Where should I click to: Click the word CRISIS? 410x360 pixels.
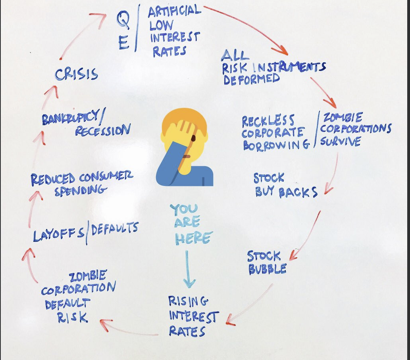pyautogui.click(x=77, y=75)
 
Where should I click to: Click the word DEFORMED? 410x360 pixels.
pyautogui.click(x=251, y=79)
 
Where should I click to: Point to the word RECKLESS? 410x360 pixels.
pyautogui.click(x=268, y=121)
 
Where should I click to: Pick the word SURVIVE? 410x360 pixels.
pyautogui.click(x=341, y=142)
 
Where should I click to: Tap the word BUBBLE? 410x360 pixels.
pyautogui.click(x=267, y=269)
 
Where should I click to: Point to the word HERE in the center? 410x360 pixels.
pyautogui.click(x=193, y=238)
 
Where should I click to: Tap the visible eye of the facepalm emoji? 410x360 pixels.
pyautogui.click(x=193, y=138)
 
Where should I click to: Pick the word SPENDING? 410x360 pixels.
pyautogui.click(x=81, y=191)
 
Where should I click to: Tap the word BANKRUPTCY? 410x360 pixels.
pyautogui.click(x=70, y=118)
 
